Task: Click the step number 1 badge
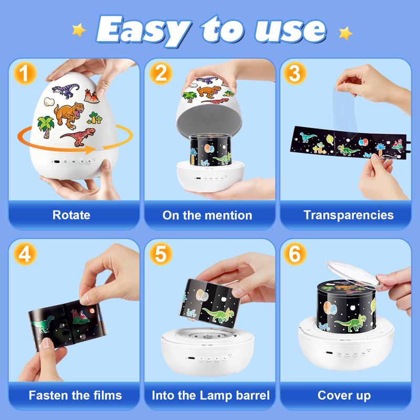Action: click(x=22, y=73)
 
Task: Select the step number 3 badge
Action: click(x=295, y=73)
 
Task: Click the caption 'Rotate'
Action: click(x=71, y=215)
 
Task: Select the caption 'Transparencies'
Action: click(x=348, y=215)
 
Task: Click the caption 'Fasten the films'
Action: click(x=75, y=395)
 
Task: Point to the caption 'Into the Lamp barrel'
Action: click(x=209, y=395)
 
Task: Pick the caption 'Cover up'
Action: click(x=344, y=395)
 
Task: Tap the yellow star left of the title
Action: click(x=79, y=30)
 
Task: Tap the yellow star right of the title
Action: click(x=345, y=33)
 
